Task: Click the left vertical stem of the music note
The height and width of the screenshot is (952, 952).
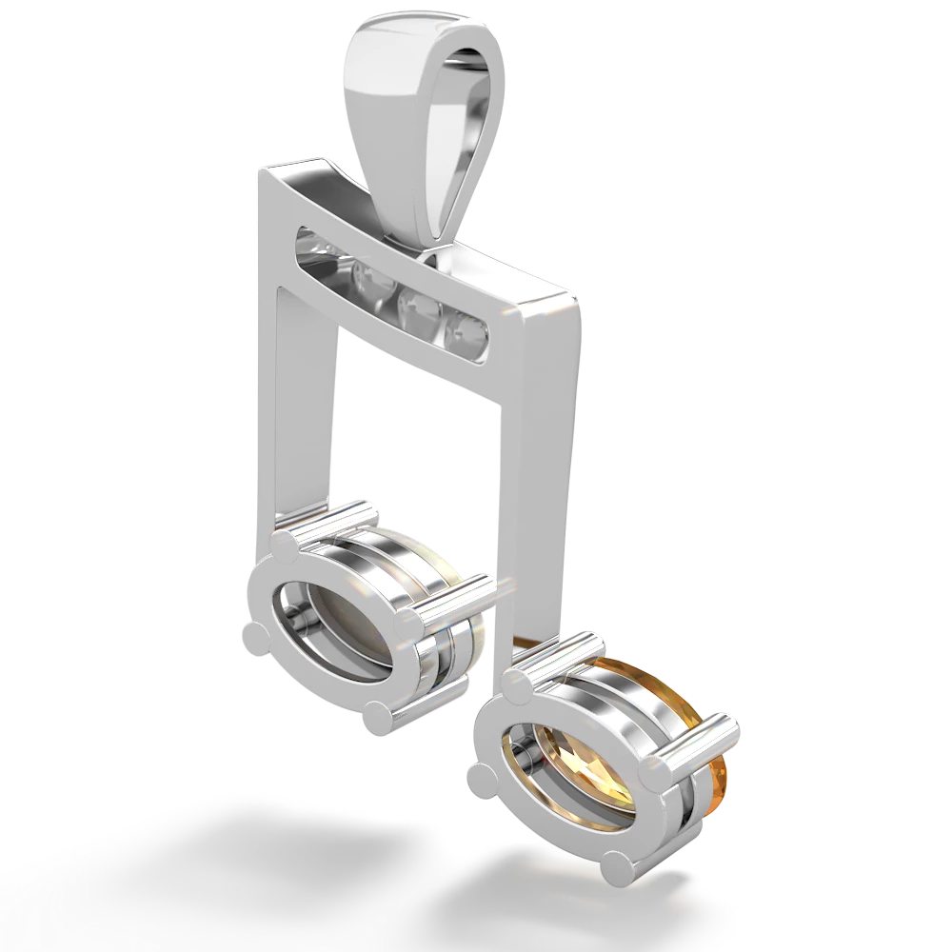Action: [305, 400]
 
